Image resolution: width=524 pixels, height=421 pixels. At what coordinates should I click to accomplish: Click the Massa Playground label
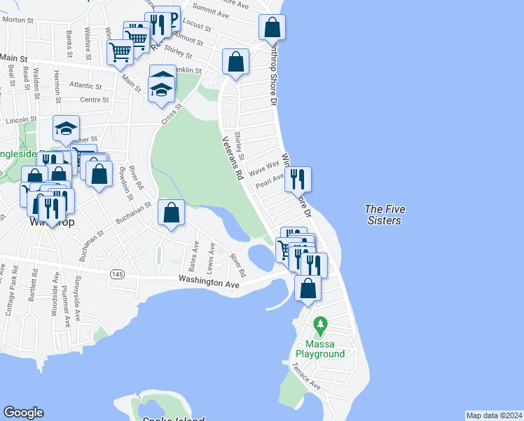(325, 349)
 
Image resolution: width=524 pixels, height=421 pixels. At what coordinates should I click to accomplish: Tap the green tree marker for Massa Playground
(321, 326)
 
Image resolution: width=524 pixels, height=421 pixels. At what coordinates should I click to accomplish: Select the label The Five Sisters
(385, 215)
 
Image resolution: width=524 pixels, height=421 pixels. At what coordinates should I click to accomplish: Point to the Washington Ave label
(209, 281)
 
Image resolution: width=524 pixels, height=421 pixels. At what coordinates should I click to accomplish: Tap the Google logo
(23, 413)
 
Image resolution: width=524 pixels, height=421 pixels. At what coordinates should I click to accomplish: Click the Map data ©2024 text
(494, 415)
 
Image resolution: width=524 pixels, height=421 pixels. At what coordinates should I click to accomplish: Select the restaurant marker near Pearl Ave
(298, 180)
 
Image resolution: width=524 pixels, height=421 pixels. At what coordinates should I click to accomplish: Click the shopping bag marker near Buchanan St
(172, 213)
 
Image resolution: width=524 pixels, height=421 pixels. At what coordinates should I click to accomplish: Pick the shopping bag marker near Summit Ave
(272, 28)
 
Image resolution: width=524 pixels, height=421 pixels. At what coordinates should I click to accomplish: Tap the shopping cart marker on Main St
(120, 52)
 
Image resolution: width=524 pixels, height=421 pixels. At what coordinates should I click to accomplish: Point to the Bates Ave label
(193, 257)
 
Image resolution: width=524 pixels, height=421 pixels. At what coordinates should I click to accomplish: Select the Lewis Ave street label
(210, 260)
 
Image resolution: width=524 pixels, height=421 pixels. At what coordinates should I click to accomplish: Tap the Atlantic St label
(86, 85)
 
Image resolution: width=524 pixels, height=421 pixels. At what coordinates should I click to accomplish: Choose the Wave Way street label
(265, 168)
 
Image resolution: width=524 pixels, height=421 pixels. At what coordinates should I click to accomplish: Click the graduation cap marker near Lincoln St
(67, 128)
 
